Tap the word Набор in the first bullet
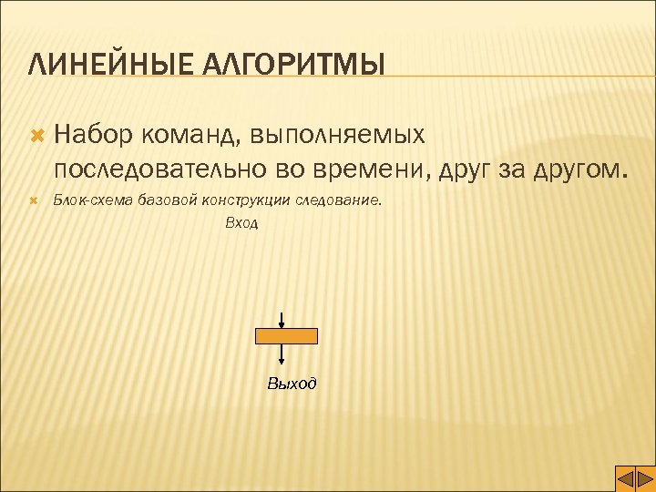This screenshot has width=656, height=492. tap(95, 135)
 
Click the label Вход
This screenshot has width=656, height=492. tap(241, 223)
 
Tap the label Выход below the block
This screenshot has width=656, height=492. tap(292, 384)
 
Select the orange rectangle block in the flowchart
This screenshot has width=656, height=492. tap(286, 336)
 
